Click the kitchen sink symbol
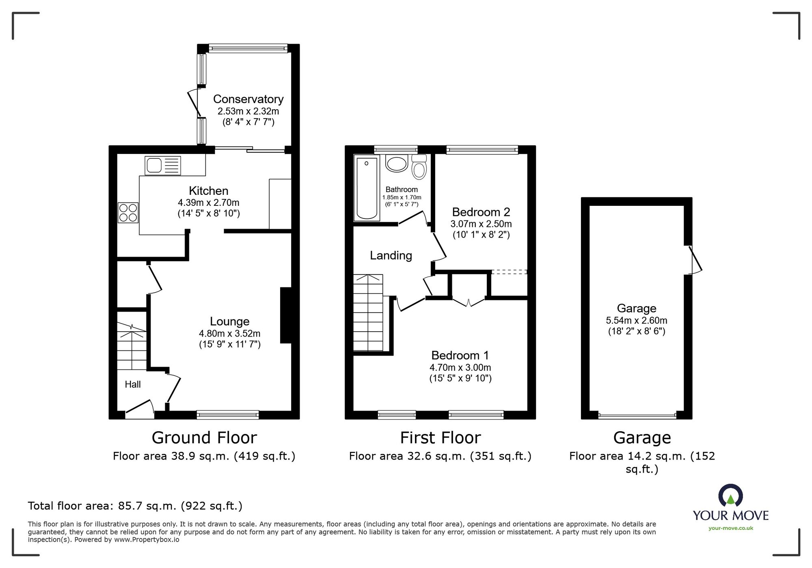(163, 166)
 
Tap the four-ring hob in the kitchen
(128, 213)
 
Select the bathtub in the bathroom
(367, 188)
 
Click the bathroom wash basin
(396, 164)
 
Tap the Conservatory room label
(248, 99)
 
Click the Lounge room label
(229, 322)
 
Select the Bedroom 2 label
(481, 212)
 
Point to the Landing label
(391, 255)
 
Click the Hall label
(133, 384)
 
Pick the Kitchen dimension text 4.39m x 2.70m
(209, 202)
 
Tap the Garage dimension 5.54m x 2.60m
(637, 320)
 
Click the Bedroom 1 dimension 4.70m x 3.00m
(460, 367)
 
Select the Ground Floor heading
(204, 438)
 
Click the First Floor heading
(441, 438)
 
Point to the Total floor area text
(135, 506)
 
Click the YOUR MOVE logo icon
(730, 495)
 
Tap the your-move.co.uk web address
(731, 528)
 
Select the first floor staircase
(368, 312)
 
